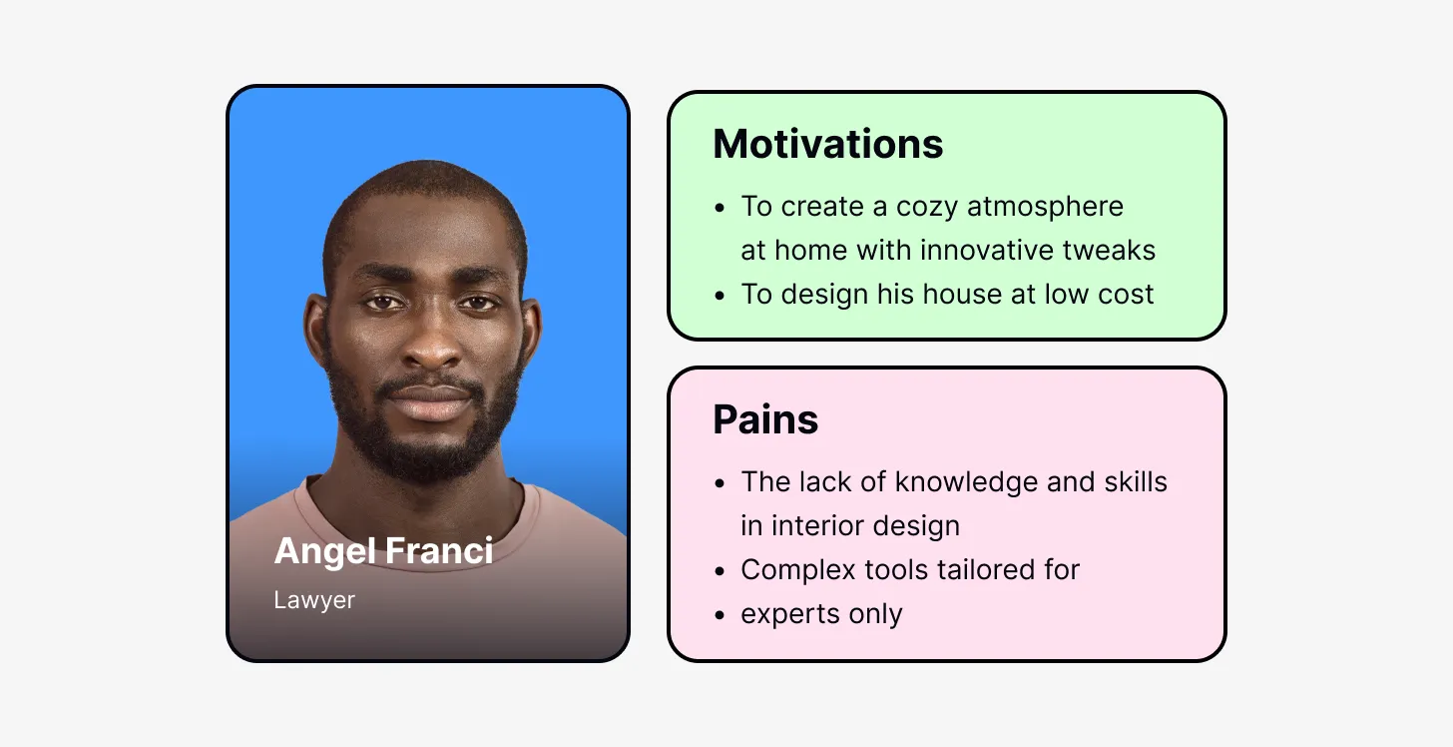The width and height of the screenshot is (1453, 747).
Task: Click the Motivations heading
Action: click(x=827, y=145)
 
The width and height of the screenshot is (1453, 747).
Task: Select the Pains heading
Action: click(x=765, y=419)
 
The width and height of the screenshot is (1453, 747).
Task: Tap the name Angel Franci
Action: click(x=383, y=550)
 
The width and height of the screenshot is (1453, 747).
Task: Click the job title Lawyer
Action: click(x=314, y=600)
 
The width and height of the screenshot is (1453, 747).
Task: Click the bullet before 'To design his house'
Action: click(x=721, y=296)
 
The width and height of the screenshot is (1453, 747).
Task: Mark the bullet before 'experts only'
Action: click(x=721, y=615)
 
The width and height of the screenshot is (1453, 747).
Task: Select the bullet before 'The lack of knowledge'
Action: click(x=721, y=483)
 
